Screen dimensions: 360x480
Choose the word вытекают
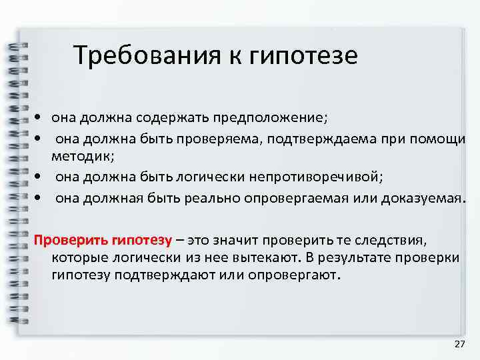262,257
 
